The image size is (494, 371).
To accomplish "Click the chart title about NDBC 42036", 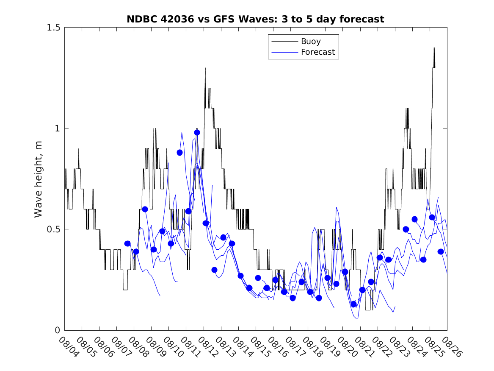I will coord(255,20).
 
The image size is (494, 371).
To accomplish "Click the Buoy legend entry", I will coord(310,42).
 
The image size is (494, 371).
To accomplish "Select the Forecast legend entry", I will coord(317,52).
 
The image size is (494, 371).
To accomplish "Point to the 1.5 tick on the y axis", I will coord(53,28).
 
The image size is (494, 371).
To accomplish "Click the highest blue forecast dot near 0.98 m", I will coord(197,132).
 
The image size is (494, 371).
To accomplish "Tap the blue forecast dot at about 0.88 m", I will coord(179,153).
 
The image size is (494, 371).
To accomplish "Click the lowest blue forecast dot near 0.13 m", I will coord(354,304).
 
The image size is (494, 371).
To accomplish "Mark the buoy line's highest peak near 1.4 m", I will coord(434,48).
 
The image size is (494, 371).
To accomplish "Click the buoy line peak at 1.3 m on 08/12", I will coord(205,68).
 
